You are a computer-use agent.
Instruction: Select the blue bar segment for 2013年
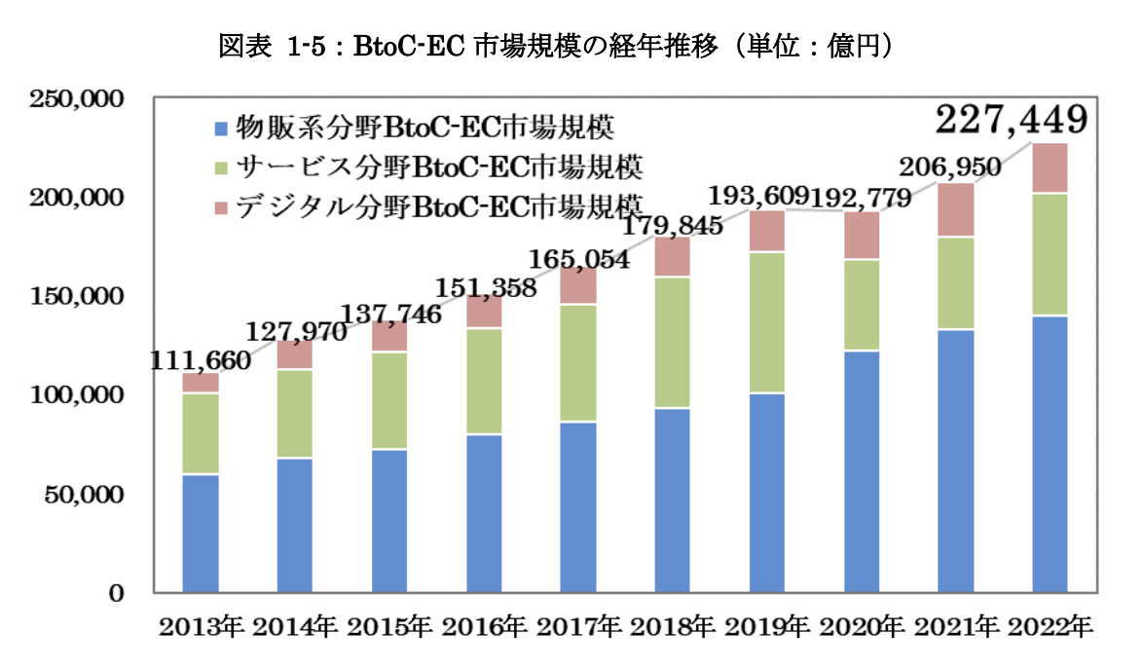click(x=201, y=534)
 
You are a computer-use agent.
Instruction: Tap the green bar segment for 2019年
click(x=767, y=322)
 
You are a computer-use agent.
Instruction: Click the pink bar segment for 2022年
click(x=1050, y=168)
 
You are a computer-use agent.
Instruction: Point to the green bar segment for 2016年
click(x=484, y=382)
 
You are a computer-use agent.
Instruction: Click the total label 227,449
click(x=1011, y=121)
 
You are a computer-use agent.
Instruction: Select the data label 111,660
click(x=201, y=359)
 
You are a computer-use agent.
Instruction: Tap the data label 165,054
click(x=578, y=259)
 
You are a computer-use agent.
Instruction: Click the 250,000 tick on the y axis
click(x=76, y=98)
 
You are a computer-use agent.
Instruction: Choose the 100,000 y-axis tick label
click(x=76, y=395)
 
